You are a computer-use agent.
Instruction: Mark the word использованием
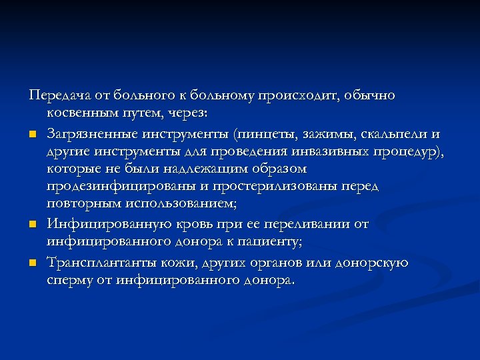point(174,203)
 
